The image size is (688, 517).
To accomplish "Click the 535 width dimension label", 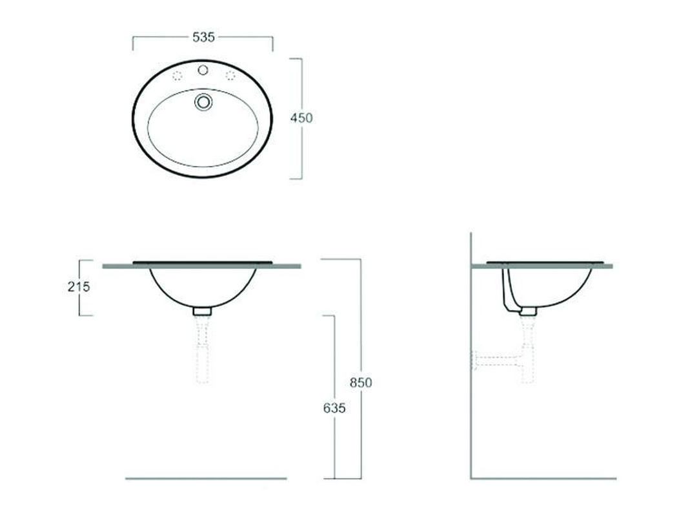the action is [203, 37].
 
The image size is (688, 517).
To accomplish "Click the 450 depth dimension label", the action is [301, 118].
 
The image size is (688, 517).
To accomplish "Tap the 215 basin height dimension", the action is [79, 287].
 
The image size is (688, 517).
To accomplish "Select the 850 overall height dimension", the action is [361, 383].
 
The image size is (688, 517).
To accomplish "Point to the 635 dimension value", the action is [334, 408].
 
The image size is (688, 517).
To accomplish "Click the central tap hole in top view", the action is [203, 70].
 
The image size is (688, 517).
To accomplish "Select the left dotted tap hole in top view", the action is [177, 76].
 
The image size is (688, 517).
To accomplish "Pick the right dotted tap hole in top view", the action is [230, 76].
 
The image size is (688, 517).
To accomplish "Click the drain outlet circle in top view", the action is [203, 102].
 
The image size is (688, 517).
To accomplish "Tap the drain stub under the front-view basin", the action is [202, 311].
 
